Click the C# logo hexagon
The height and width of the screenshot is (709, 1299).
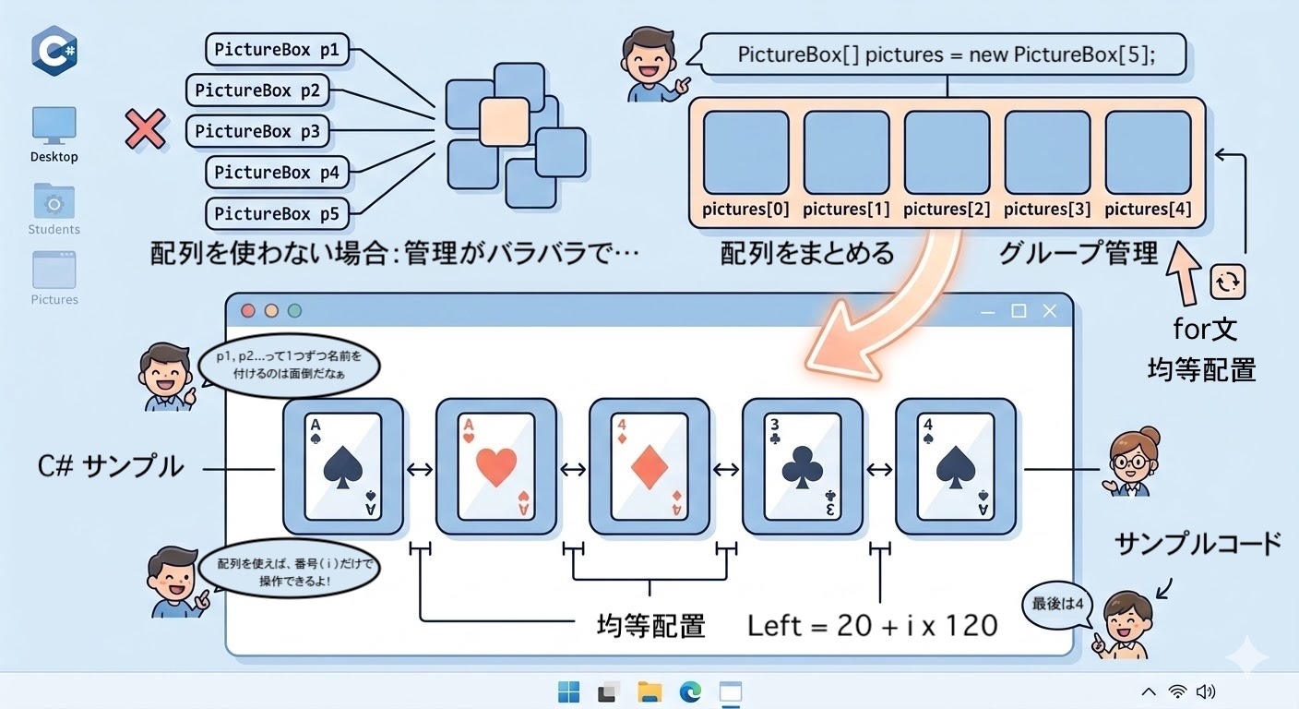coord(54,50)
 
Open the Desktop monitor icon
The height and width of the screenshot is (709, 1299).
coord(54,126)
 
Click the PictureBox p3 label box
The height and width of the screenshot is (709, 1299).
coord(256,131)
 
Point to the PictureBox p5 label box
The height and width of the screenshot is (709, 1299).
coord(277,213)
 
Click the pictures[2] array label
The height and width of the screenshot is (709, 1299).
coord(947,210)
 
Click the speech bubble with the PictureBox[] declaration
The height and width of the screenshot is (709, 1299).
coord(947,55)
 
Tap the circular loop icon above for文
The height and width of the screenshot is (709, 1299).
coord(1228,282)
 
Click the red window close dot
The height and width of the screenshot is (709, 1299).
coord(248,311)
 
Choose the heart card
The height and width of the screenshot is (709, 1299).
coord(496,466)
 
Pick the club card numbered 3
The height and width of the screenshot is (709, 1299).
coord(803,466)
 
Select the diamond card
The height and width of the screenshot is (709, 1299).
coord(649,466)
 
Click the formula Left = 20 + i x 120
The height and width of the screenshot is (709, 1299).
coord(872,625)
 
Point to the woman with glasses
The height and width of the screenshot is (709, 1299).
coord(1130,462)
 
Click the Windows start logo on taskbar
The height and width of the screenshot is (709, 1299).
coord(569,691)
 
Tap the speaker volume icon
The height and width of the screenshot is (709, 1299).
coord(1205,691)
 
